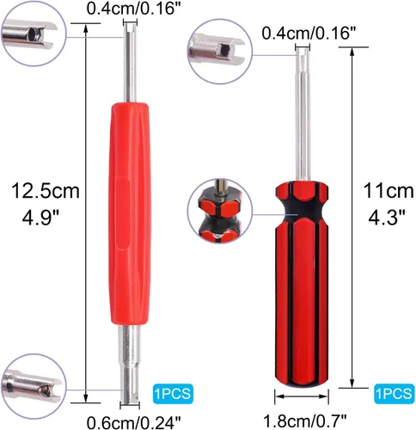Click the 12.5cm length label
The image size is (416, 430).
coord(46,191)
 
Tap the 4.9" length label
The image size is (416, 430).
coord(40,218)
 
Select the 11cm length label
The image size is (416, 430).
coord(388,191)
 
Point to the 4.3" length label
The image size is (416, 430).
coord(387,218)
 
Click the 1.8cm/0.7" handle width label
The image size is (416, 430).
coord(305,421)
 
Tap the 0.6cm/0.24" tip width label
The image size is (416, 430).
coord(134,422)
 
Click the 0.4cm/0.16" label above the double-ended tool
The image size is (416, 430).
coord(134,9)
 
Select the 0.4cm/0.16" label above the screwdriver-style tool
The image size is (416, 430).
coord(309,34)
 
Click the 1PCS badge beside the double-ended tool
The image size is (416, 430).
coord(173,394)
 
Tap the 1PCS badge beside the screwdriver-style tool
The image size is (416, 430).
coord(395,393)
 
